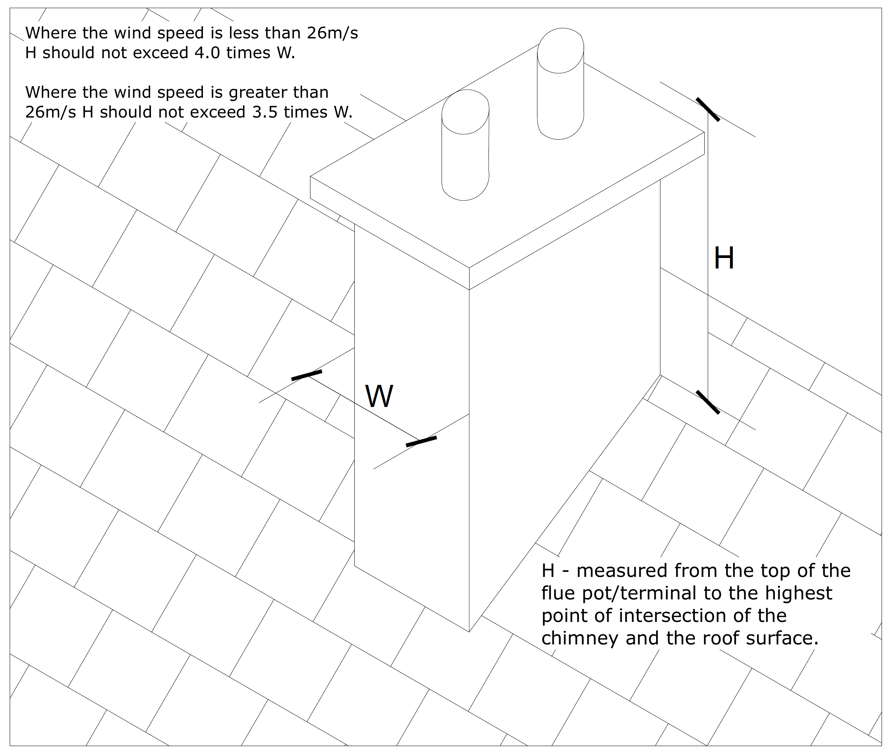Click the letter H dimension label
click(x=724, y=258)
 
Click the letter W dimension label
click(x=379, y=397)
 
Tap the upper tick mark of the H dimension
click(x=708, y=109)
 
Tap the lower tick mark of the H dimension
click(x=708, y=402)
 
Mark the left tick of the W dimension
click(x=307, y=375)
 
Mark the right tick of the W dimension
click(x=421, y=441)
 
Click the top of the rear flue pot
click(x=561, y=50)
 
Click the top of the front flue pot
click(x=466, y=112)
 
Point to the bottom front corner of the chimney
click(x=469, y=632)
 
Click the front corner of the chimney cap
click(x=469, y=268)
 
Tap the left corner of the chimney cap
click(x=311, y=177)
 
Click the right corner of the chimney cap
click(x=704, y=132)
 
